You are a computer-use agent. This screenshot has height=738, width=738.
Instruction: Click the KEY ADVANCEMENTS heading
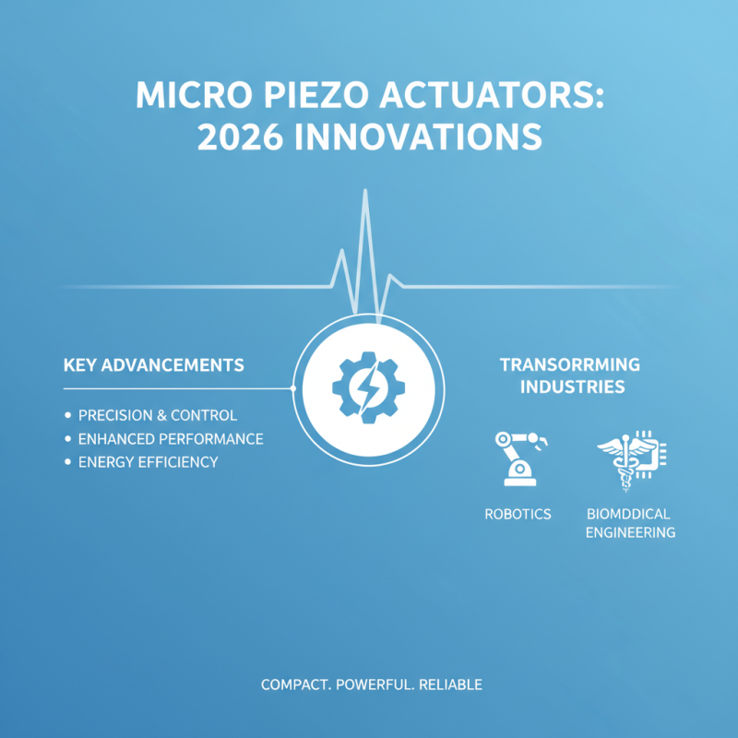pos(153,364)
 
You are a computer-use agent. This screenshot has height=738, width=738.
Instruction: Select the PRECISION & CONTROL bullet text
pos(157,415)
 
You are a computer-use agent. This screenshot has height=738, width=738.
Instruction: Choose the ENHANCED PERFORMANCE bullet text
pos(171,438)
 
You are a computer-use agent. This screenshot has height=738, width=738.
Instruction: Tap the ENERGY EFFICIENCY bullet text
pos(148,461)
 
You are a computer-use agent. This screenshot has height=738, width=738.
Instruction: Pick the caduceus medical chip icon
pos(632,458)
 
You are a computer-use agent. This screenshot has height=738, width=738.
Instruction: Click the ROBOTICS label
pos(518,513)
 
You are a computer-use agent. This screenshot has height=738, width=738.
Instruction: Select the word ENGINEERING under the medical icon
pos(631,532)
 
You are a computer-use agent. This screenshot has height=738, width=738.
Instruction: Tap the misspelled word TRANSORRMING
pos(570,364)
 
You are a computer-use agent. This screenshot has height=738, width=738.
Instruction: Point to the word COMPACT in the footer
pos(295,685)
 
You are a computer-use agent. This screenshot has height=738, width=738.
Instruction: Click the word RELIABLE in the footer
pos(451,685)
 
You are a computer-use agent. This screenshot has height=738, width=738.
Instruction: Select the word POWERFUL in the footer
pos(374,685)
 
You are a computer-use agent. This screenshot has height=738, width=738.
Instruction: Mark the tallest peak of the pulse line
pos(366,192)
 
